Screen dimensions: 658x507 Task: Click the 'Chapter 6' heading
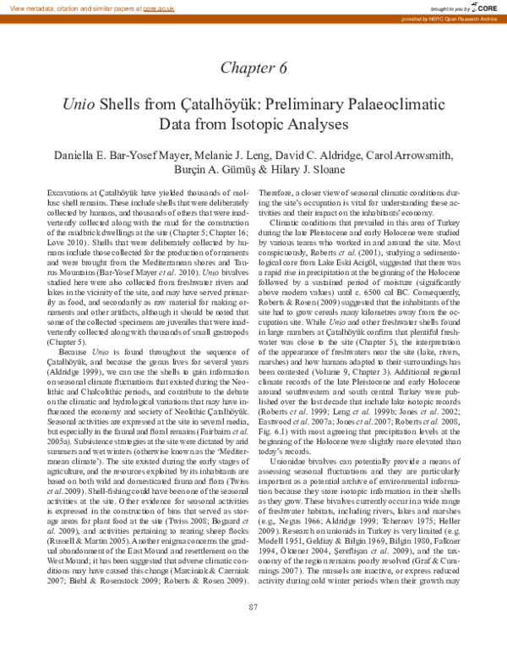coord(253,68)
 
